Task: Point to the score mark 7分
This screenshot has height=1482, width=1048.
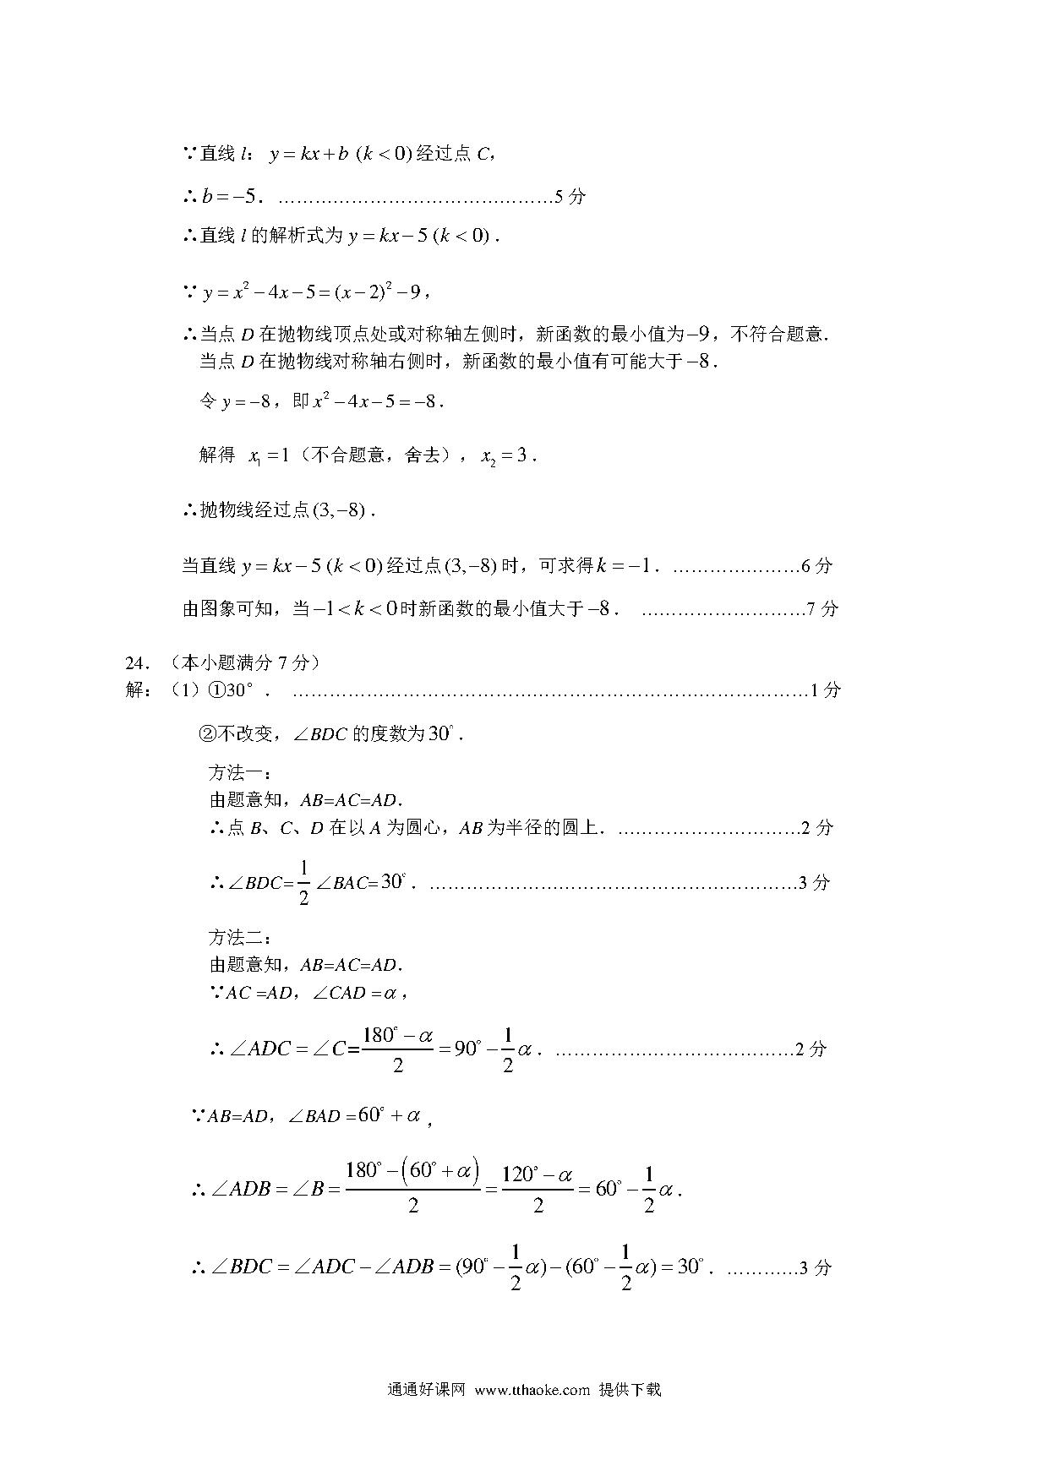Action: (x=822, y=608)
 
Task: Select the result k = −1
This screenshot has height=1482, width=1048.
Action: (x=626, y=566)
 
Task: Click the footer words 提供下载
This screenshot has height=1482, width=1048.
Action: (x=630, y=1390)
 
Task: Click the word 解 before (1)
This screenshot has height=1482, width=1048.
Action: (x=135, y=690)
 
